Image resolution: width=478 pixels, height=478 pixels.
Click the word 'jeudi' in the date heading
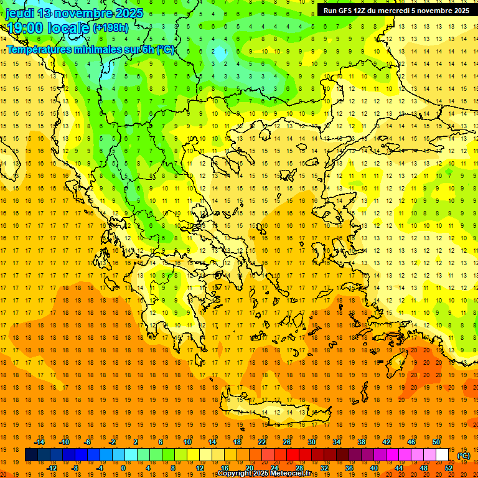click(21, 13)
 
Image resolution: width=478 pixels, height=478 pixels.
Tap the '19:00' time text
click(26, 28)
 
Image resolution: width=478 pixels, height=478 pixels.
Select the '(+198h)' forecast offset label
click(111, 27)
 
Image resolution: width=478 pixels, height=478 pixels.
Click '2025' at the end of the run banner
click(459, 11)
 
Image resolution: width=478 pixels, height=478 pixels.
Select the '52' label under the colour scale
click(449, 468)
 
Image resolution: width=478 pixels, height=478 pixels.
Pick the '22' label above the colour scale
click(262, 442)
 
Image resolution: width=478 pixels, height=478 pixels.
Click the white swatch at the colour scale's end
click(443, 455)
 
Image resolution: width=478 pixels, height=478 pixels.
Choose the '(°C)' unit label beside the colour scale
click(464, 456)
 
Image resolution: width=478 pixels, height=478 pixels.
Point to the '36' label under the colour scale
click(349, 468)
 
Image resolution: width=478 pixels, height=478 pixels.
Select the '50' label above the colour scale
click(436, 442)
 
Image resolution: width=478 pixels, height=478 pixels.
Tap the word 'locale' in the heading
click(68, 28)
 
